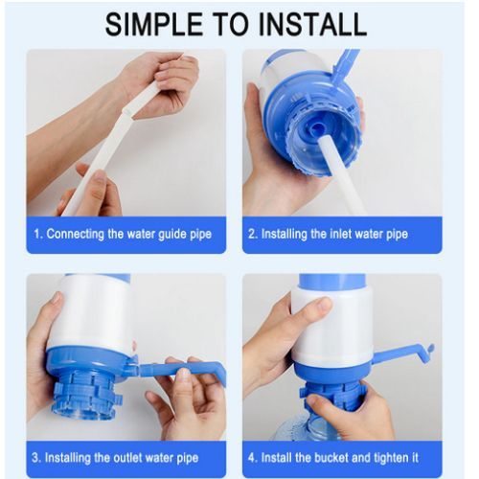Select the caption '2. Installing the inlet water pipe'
pyautogui.click(x=341, y=234)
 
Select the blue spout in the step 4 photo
pyautogui.click(x=402, y=354)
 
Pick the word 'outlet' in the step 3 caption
pyautogui.click(x=135, y=457)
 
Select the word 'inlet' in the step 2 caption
pyautogui.click(x=348, y=234)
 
